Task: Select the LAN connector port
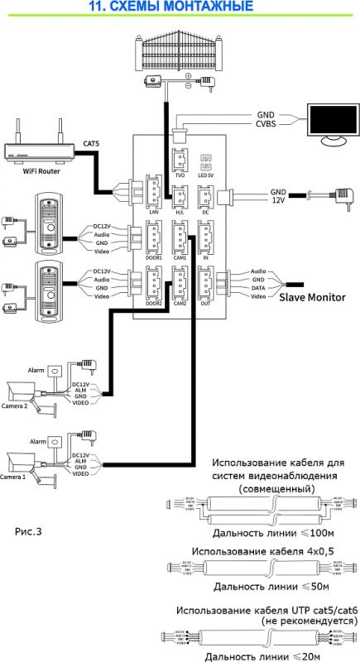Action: coord(154,194)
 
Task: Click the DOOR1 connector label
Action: coord(154,257)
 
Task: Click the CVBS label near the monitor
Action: coord(266,124)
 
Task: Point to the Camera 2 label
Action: coord(14,406)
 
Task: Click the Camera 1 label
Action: coord(14,477)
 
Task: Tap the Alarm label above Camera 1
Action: coord(36,443)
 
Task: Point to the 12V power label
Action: coord(278,201)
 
